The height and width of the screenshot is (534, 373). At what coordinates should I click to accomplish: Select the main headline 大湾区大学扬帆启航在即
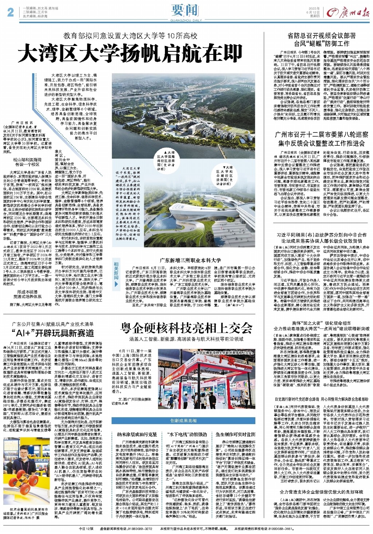(x=130, y=54)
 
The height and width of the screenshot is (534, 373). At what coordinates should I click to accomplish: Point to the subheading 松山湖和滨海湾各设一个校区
(x=27, y=162)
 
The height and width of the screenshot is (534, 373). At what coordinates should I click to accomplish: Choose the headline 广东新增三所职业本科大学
(x=191, y=260)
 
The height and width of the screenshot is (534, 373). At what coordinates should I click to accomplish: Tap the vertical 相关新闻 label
(x=116, y=270)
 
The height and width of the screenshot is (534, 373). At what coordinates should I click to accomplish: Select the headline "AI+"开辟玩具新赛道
(x=52, y=333)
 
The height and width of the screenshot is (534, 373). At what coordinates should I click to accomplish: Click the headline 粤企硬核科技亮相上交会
(x=186, y=328)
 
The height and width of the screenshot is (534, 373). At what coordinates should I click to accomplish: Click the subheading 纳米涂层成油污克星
(x=137, y=434)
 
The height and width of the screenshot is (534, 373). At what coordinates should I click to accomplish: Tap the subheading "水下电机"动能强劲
(x=187, y=434)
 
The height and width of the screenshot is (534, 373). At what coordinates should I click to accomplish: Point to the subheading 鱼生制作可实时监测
(x=235, y=434)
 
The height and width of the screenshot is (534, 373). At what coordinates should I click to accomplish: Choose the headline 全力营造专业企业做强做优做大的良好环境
(x=322, y=492)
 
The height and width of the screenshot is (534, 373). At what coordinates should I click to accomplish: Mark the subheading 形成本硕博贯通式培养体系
(x=27, y=294)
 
